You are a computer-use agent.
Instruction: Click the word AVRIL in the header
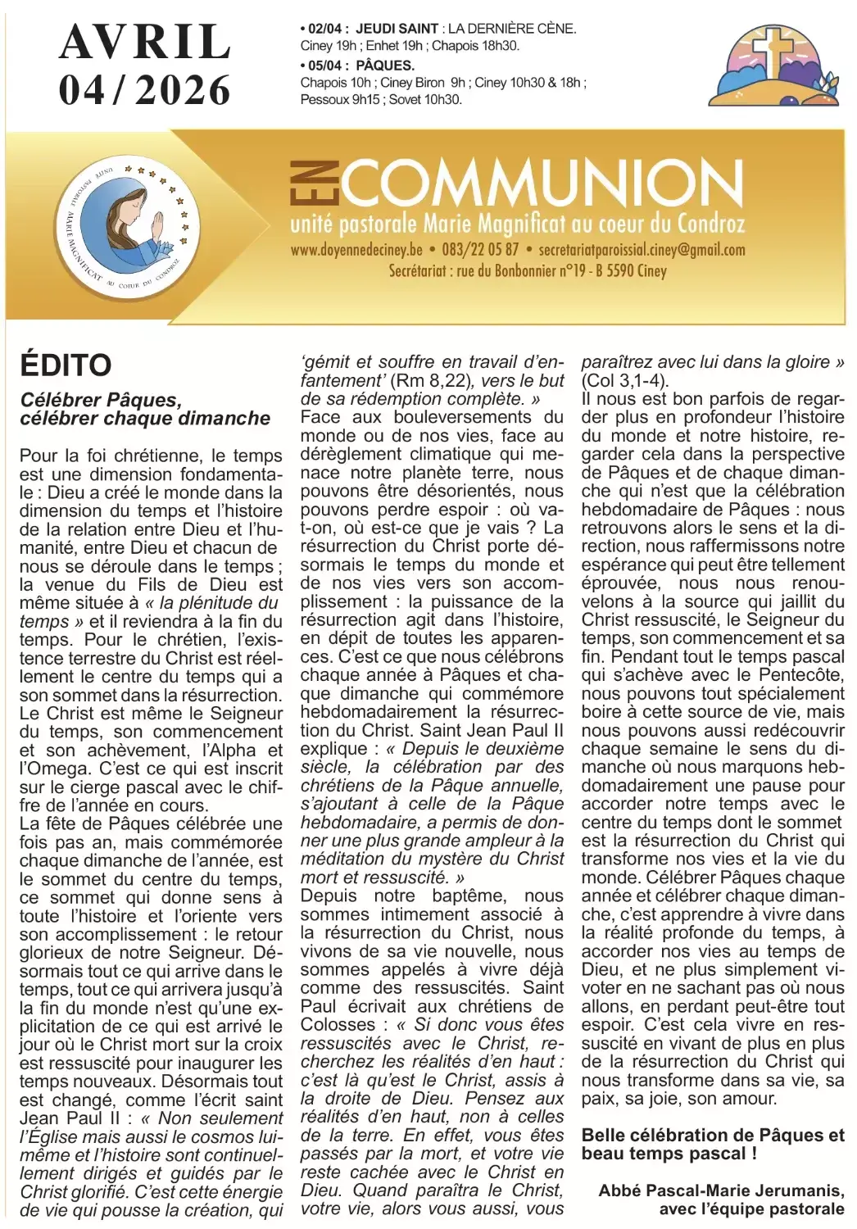(x=145, y=42)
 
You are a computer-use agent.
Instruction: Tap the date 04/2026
(x=145, y=90)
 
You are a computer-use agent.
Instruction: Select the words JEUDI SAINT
(x=397, y=28)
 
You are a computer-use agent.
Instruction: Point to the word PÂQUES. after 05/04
(x=385, y=65)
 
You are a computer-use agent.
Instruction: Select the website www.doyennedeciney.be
(x=356, y=250)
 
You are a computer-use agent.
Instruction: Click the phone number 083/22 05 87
(x=480, y=250)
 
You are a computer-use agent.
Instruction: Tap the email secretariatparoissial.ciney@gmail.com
(x=642, y=250)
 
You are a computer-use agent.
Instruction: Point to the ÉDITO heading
(x=66, y=365)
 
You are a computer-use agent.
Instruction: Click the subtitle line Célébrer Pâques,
(x=100, y=400)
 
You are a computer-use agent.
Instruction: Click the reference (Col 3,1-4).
(x=625, y=380)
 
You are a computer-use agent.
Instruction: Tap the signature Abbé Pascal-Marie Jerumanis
(x=721, y=1190)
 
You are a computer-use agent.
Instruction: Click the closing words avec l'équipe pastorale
(x=751, y=1209)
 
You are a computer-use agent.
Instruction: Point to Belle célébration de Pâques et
(x=713, y=1135)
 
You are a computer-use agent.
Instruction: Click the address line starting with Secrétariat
(x=528, y=270)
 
